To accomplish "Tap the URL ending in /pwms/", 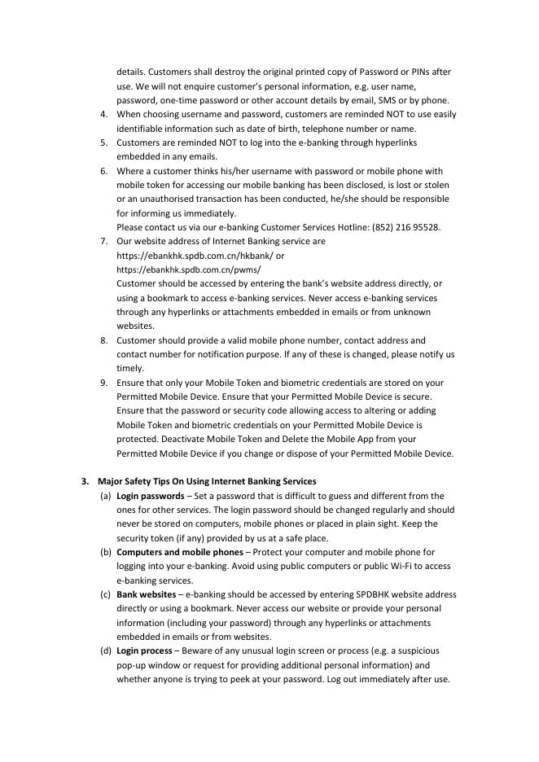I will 189,269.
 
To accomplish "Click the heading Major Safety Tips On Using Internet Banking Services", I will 207,481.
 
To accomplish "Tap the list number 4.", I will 104,114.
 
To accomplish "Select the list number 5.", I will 104,142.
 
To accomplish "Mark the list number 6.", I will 104,171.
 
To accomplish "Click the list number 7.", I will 104,242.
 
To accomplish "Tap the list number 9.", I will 104,383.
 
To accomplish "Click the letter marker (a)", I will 106,496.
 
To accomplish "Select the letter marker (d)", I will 106,651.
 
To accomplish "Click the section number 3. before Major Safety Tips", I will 85,481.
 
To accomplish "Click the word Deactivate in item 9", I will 144,440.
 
